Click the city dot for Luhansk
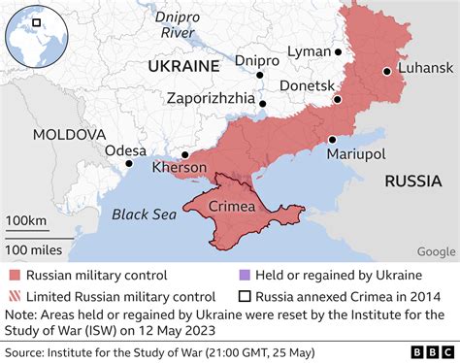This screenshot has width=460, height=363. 386,71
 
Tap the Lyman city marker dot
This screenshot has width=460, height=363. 338,52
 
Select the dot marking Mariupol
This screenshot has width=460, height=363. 332,139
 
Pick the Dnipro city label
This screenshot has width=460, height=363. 257,59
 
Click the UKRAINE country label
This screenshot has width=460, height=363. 182,65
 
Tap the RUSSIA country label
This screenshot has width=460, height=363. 413,181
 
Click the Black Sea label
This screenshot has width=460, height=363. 143,214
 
